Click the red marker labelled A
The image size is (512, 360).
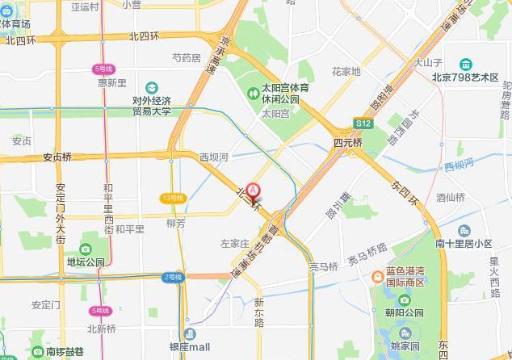255,191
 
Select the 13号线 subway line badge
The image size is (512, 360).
173,198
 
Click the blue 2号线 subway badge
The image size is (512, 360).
174,277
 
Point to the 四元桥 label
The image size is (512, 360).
348,142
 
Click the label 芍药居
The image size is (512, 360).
186,58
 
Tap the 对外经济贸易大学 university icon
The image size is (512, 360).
152,87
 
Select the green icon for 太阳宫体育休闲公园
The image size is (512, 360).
252,93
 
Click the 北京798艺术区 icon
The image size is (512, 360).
466,65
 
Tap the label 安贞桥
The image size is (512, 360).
57,157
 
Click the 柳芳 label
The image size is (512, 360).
175,224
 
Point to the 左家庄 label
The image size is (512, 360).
234,242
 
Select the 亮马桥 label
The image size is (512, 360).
323,266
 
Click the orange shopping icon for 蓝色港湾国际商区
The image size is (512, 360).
376,276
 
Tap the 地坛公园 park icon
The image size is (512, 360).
86,249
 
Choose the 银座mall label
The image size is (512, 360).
190,347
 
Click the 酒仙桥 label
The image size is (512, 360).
451,197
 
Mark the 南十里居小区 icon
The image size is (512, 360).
464,230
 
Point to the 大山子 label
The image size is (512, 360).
428,62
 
